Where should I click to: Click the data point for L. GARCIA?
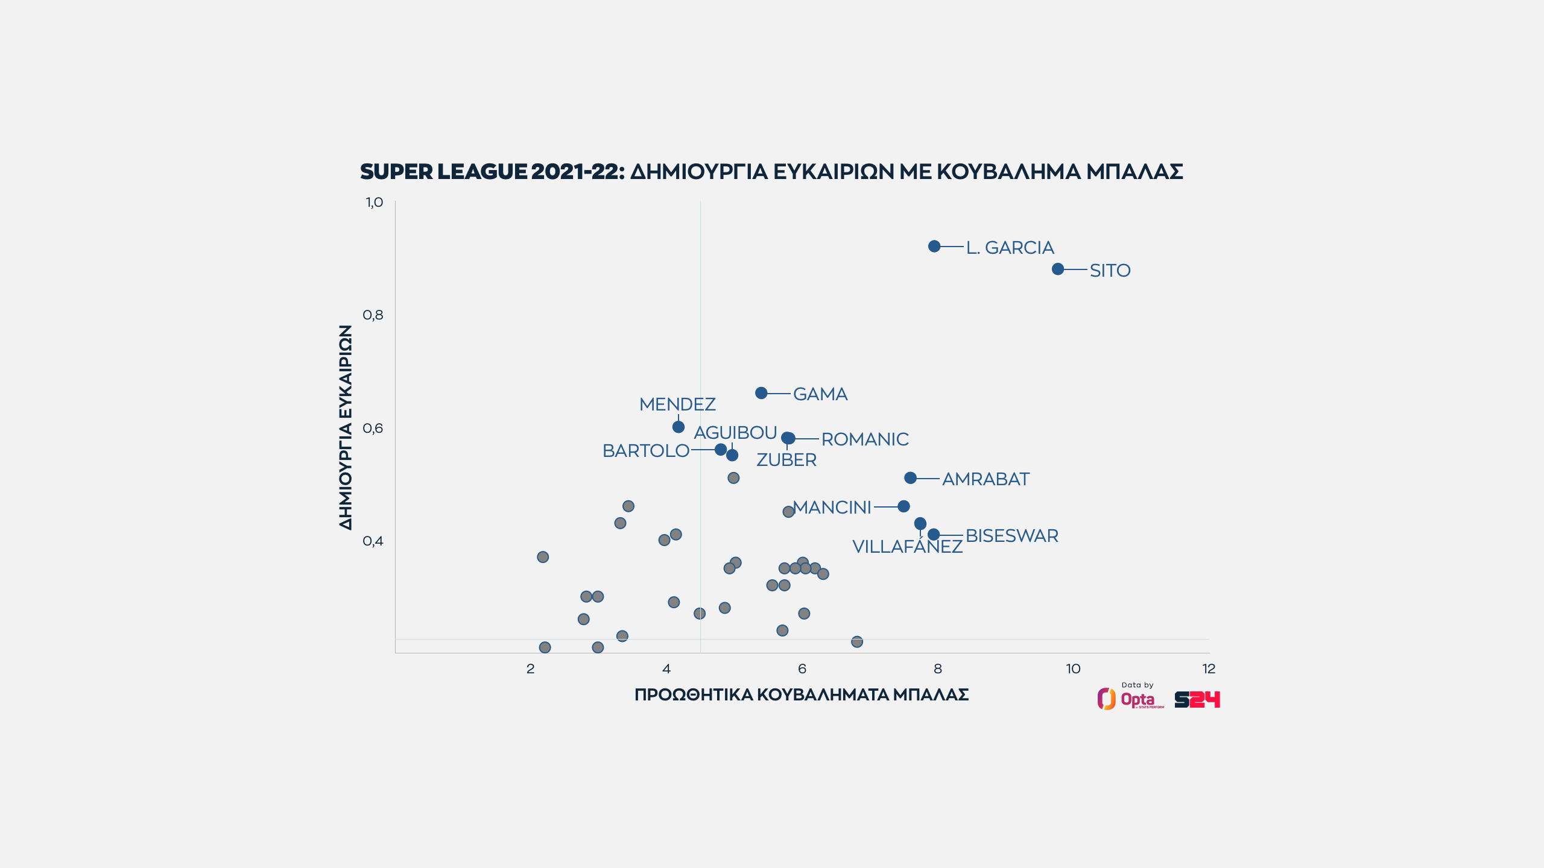[x=934, y=246]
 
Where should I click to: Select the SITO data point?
[x=1058, y=269]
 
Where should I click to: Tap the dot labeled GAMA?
[x=761, y=393]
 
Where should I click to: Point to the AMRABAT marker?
[x=911, y=478]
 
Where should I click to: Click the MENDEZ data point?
[x=679, y=427]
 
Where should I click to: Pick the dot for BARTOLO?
[x=721, y=450]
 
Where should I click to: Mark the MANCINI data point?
[x=903, y=506]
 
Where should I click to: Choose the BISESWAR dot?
[x=934, y=535]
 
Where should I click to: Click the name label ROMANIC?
[x=865, y=439]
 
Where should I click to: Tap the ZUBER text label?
[x=786, y=460]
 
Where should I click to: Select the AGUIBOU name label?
[x=735, y=433]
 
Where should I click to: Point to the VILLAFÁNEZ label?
[x=907, y=547]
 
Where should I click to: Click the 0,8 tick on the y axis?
[x=373, y=315]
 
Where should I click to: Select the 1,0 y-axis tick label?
[x=374, y=202]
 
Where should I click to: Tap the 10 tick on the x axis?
[x=1073, y=668]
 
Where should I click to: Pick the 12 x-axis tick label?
[x=1209, y=668]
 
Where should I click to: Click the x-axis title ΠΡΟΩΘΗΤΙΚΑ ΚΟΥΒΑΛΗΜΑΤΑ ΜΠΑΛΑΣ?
[x=802, y=695]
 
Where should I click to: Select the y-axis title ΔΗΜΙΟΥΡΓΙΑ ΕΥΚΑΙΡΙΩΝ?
[x=346, y=427]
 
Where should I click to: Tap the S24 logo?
[x=1197, y=699]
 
